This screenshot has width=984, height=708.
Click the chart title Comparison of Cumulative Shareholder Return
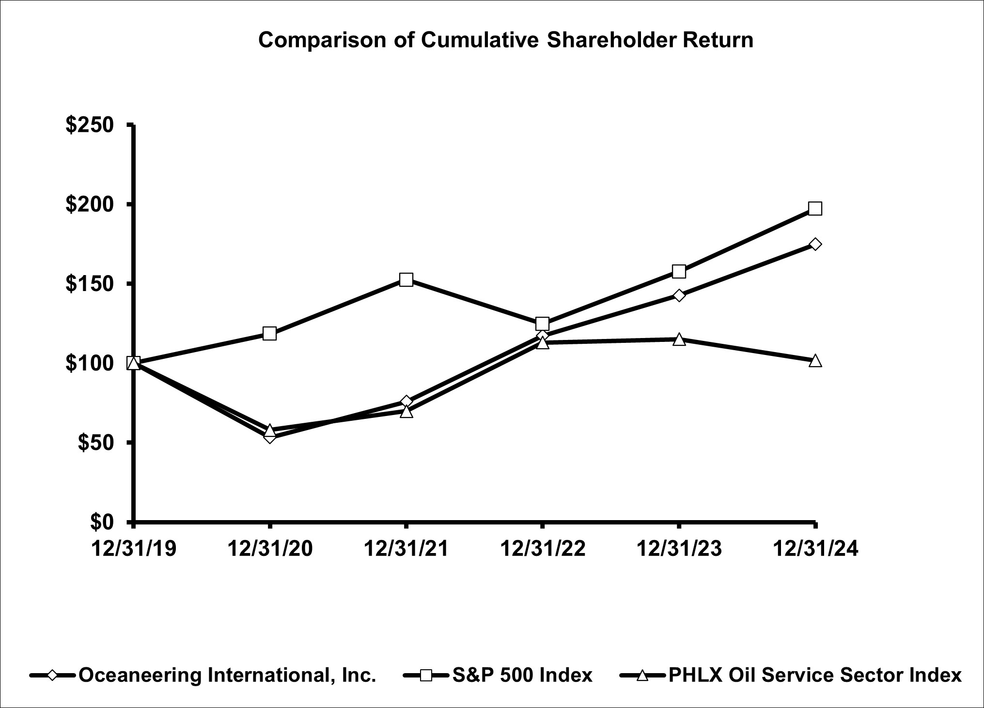click(505, 40)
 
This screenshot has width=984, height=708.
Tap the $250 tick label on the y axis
click(90, 125)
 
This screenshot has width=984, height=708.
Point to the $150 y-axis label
click(90, 284)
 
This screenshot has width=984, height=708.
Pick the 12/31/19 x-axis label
click(134, 549)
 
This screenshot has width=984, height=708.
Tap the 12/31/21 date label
click(406, 549)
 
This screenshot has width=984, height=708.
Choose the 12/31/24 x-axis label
click(815, 549)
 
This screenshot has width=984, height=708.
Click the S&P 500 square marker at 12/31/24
click(815, 209)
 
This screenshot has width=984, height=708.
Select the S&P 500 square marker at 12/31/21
click(406, 279)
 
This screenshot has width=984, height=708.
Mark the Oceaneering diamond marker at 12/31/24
click(815, 244)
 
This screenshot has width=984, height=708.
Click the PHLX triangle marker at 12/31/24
click(815, 361)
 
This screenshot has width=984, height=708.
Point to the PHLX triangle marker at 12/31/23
click(679, 339)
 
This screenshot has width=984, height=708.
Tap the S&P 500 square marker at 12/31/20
click(270, 334)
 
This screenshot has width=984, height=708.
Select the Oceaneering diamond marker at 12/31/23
click(679, 295)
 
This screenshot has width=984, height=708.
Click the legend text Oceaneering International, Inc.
click(227, 675)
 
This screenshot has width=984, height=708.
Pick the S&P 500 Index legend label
click(522, 675)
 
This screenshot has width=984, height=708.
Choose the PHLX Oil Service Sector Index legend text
click(814, 675)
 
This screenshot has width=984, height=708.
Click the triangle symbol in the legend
click(642, 675)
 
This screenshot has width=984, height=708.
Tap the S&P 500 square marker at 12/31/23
click(679, 271)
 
